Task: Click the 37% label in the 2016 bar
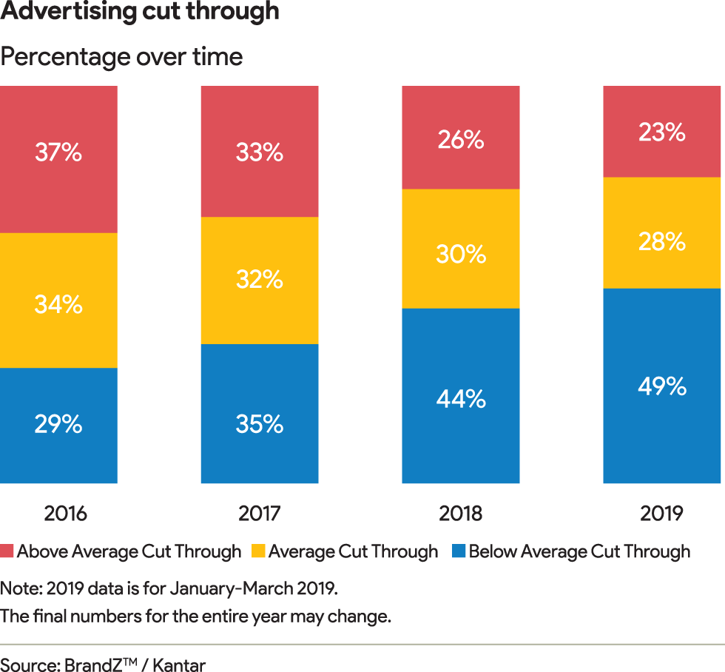coord(58,153)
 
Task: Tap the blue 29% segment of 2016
coord(58,426)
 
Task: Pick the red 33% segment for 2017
coord(260,152)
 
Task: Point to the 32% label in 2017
coord(260,280)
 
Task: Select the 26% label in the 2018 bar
coord(461,139)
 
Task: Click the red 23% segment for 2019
coord(662,132)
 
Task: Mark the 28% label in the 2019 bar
coord(662,241)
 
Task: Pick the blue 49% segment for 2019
coord(662,386)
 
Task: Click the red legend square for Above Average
coord(7,552)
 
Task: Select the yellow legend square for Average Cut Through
coord(258,552)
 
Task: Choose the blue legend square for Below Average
coord(459,552)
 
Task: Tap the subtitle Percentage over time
coord(121,57)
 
